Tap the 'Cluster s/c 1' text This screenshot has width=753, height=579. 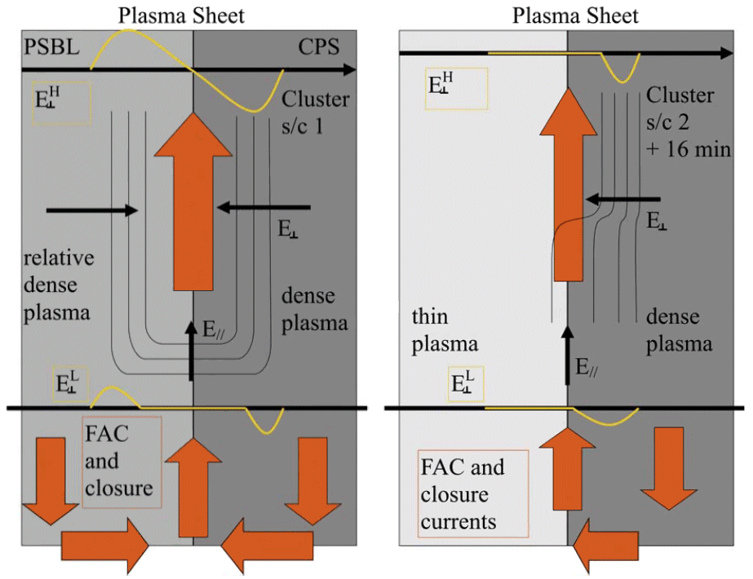click(x=315, y=113)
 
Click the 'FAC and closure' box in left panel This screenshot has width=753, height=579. click(x=122, y=461)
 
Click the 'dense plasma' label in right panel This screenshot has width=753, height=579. click(x=680, y=330)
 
